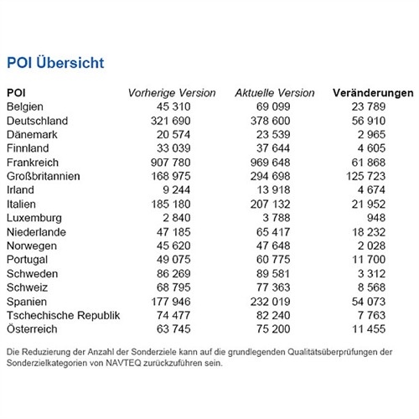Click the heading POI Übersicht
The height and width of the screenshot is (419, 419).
pyautogui.click(x=55, y=62)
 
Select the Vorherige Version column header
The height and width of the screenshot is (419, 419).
pyautogui.click(x=172, y=93)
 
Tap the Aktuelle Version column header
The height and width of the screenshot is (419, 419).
pyautogui.click(x=275, y=93)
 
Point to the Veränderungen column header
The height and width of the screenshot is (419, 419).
pyautogui.click(x=373, y=93)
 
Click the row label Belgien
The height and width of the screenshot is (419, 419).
pyautogui.click(x=25, y=106)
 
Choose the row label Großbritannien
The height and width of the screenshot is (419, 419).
pyautogui.click(x=44, y=176)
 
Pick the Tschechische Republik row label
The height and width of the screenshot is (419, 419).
pyautogui.click(x=64, y=315)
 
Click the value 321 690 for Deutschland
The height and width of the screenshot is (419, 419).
pyautogui.click(x=171, y=121)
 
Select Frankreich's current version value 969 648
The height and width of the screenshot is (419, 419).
pyautogui.click(x=270, y=163)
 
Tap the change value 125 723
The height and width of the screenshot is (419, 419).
pyautogui.click(x=366, y=176)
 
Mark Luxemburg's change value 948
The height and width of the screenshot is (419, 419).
pyautogui.click(x=376, y=218)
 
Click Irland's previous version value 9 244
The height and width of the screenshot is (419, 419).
pyautogui.click(x=176, y=190)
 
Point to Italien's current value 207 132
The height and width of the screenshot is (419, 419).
pyautogui.click(x=270, y=204)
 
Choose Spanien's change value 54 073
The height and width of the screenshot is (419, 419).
pyautogui.click(x=369, y=302)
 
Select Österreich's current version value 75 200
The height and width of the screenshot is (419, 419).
pyautogui.click(x=273, y=329)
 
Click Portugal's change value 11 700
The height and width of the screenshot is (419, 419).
pyautogui.click(x=369, y=260)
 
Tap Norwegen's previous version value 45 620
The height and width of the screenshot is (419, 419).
pyautogui.click(x=173, y=246)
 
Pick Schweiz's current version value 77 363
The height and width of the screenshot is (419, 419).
pyautogui.click(x=273, y=287)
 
